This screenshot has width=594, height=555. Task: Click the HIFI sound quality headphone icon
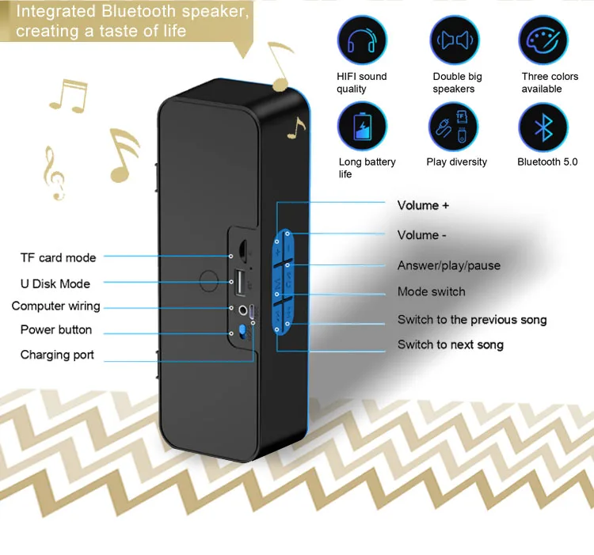362,40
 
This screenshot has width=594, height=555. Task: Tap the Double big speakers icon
455,40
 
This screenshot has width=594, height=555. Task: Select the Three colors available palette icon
543,40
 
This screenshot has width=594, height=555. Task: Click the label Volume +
423,206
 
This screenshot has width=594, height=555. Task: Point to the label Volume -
421,235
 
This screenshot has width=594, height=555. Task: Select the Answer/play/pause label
448,265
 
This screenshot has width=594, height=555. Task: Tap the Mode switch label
431,292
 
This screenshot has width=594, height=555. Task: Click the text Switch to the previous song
472,320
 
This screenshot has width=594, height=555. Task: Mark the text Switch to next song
450,344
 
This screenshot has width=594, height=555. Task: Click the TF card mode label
58,257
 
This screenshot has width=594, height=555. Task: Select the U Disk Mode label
55,283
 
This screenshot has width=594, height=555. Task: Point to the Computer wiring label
55,306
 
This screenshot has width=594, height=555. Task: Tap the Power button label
55,329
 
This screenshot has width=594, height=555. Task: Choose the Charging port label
57,355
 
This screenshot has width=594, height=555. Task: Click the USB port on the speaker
238,281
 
